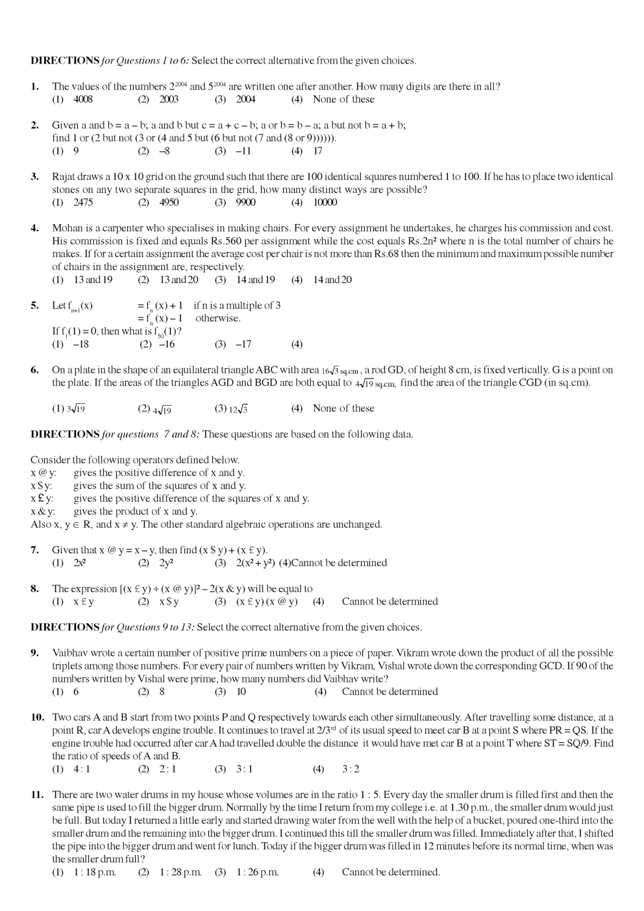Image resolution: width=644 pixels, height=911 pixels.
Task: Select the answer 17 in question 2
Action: click(x=317, y=151)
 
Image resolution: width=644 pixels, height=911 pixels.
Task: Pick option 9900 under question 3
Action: click(x=245, y=203)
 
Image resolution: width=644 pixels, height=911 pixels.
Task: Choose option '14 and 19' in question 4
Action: click(x=255, y=280)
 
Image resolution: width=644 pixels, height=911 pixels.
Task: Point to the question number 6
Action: click(x=35, y=370)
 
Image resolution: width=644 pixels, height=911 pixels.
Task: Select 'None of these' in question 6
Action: click(x=343, y=408)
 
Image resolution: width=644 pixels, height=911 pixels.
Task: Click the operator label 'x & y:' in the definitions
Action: click(x=43, y=512)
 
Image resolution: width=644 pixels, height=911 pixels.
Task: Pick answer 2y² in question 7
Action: click(x=166, y=563)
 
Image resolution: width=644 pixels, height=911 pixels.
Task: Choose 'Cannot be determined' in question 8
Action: click(x=390, y=602)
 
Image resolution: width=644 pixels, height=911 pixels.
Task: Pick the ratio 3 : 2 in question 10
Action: click(x=351, y=769)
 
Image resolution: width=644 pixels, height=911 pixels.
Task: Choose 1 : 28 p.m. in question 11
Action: click(x=180, y=873)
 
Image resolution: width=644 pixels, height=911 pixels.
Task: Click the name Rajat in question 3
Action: click(x=65, y=177)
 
